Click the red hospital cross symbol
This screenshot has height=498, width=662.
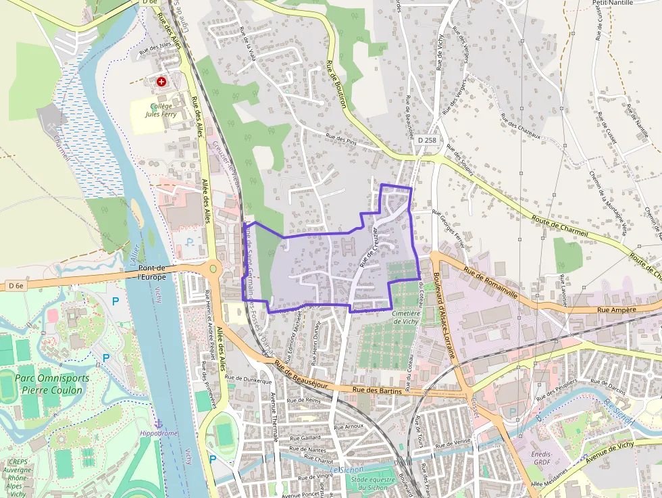(x=161, y=82)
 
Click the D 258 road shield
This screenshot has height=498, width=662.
(x=427, y=140)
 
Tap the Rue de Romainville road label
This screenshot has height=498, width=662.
(x=490, y=281)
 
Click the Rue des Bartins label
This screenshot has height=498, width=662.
(x=377, y=391)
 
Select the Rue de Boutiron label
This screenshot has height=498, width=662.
(x=336, y=84)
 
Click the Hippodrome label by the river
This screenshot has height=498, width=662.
(x=157, y=433)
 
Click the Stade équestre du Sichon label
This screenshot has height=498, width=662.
(x=355, y=484)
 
